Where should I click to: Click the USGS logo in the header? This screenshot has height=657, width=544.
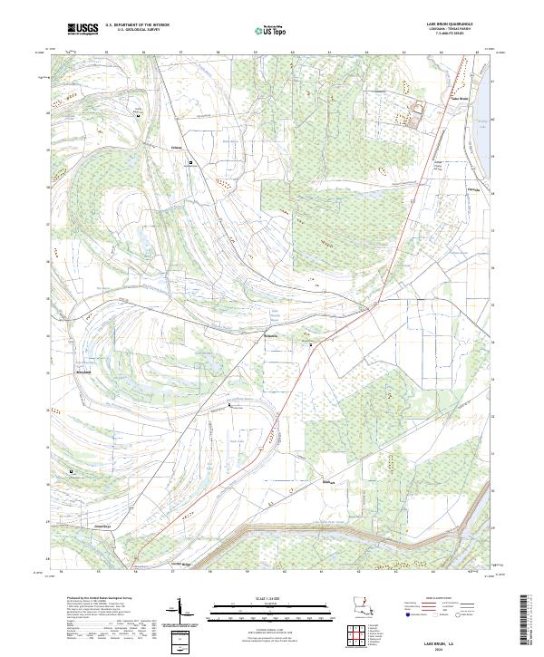point(83,29)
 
